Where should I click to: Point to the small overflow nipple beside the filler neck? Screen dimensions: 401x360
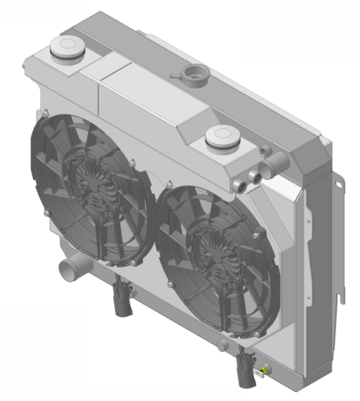174,75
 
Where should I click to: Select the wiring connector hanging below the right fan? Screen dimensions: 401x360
244,368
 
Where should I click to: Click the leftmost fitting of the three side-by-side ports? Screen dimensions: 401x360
240,186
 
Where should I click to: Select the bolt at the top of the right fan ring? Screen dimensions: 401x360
169,184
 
